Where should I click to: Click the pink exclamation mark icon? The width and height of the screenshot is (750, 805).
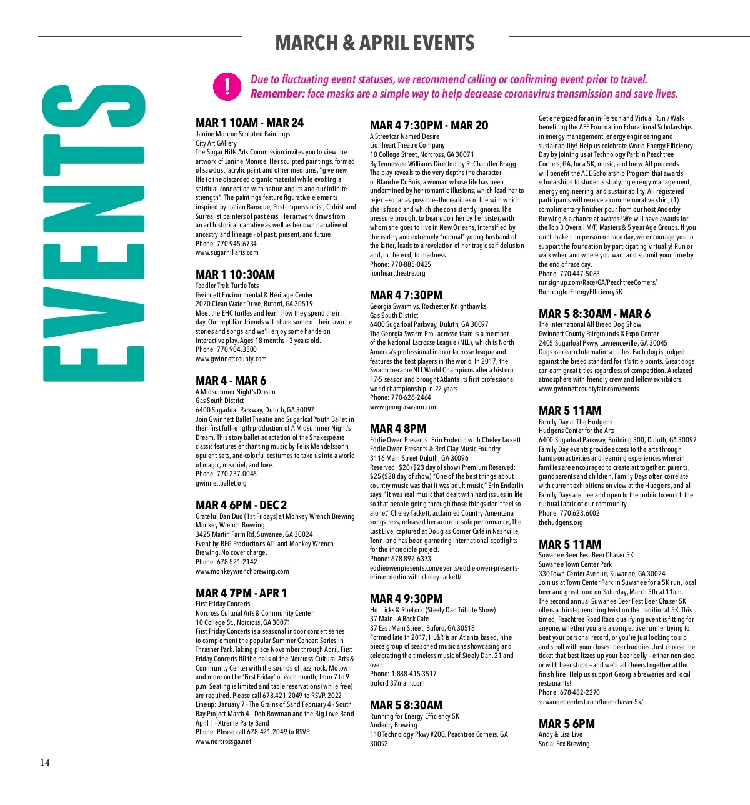point(227,86)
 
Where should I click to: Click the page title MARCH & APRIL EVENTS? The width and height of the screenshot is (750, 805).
point(375,43)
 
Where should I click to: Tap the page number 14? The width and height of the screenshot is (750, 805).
point(45,762)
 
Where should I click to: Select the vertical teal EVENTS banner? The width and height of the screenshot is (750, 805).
point(94,232)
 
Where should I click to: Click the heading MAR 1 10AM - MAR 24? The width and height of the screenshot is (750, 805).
point(249,123)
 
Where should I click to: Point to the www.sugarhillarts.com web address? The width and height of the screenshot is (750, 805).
point(227,252)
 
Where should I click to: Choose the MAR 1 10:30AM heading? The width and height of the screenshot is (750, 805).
point(235,274)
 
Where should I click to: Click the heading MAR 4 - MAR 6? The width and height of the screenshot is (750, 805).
point(231,381)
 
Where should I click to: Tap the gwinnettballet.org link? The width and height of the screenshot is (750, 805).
point(221,483)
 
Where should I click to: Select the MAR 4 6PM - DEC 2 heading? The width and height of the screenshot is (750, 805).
point(241,505)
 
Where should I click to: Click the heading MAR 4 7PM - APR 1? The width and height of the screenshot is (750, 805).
point(241,593)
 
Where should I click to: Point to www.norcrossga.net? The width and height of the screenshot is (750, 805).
point(223,741)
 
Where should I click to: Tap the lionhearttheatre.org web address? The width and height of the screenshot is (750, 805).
point(397,273)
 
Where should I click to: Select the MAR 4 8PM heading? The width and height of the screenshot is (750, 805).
point(398,429)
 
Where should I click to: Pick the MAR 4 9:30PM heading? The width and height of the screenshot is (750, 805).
point(406,599)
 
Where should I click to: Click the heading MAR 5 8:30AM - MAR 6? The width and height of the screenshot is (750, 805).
point(594,314)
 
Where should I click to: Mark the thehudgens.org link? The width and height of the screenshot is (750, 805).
point(561,522)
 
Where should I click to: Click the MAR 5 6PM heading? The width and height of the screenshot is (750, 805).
point(567,724)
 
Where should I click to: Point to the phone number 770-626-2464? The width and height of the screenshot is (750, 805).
point(411,397)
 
